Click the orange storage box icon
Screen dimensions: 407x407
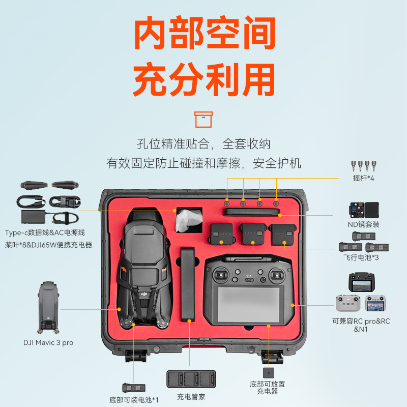pos(203,120)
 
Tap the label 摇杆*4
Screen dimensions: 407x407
pos(363,178)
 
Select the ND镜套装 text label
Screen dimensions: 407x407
pos(363,224)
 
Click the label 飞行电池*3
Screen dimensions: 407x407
pos(361,257)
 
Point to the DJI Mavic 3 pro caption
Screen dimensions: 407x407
pos(48,342)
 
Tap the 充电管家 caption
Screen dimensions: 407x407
pos(191,397)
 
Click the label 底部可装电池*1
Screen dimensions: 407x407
pos(134,400)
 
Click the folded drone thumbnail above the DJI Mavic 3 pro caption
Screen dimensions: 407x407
pos(48,308)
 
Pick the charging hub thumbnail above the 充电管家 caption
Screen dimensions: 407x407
pos(191,379)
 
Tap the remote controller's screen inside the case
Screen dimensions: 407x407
pos(248,304)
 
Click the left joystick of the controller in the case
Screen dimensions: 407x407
pos(221,275)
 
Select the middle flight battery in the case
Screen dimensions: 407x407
pos(253,234)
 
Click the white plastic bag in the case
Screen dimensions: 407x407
pos(189,221)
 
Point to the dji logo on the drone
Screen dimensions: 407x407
pos(144,294)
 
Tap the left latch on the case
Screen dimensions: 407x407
pos(136,356)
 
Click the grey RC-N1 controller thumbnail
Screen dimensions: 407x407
pos(348,303)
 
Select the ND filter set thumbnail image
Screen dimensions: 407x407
pos(364,210)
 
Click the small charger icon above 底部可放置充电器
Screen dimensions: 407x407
pos(269,373)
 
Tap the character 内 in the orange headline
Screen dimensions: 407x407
pos(150,33)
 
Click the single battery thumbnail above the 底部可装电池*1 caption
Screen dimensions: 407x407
pos(134,388)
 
